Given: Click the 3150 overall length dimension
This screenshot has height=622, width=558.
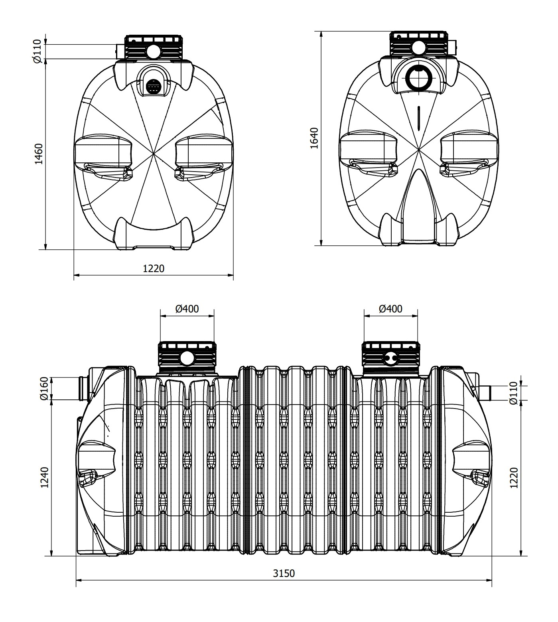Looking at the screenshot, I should click(284, 573).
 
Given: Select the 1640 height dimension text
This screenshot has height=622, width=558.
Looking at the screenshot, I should click(315, 138).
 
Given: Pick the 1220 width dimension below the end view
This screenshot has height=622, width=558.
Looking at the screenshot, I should click(154, 269).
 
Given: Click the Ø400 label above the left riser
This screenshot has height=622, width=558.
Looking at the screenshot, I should click(187, 308).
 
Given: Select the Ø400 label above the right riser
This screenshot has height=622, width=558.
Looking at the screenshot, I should click(390, 308).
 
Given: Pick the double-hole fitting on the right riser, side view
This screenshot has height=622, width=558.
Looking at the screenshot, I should click(390, 358).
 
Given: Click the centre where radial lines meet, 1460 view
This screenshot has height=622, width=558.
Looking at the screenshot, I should click(154, 153).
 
